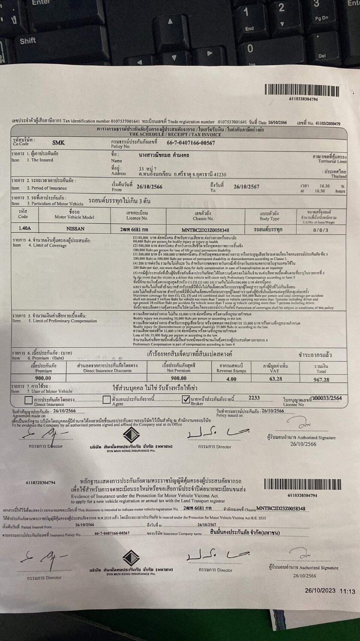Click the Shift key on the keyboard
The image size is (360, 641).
28,41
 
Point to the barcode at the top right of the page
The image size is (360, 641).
303,90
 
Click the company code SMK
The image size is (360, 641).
59,143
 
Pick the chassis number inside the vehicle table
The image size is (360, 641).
208,229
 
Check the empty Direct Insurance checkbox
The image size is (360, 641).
29,400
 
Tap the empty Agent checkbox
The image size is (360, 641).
107,400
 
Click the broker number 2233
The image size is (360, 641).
254,398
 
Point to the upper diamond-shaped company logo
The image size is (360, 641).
131,435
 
